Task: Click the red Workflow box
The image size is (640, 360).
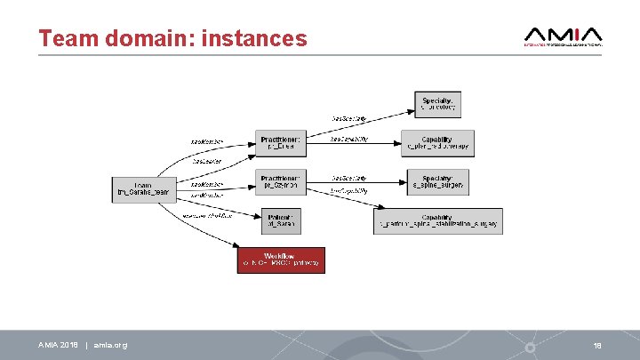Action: click(281, 260)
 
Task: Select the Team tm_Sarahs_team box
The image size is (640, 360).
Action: click(142, 188)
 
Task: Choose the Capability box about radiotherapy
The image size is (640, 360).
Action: click(436, 143)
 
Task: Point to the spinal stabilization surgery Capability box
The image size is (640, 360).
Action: click(438, 221)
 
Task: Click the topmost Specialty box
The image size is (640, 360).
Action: click(437, 105)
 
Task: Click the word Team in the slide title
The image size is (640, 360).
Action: click(68, 39)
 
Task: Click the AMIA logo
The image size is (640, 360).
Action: click(564, 35)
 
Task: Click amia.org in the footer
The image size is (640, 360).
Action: click(110, 345)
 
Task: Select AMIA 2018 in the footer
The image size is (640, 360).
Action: click(60, 345)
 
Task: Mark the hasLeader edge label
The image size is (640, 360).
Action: click(207, 161)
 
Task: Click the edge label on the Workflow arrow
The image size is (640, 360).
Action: click(207, 215)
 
